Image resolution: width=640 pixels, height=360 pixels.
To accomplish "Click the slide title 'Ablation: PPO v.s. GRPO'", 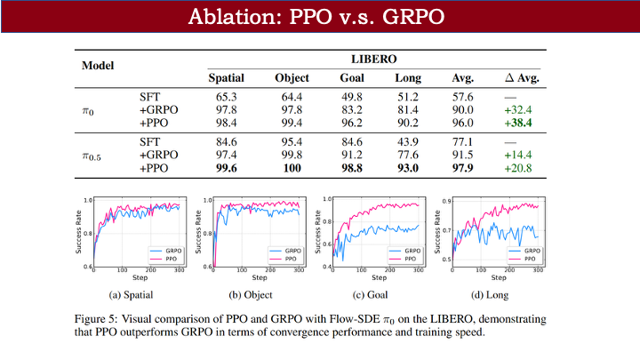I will [319, 18].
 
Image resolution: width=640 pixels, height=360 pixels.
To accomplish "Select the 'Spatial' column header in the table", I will [226, 78].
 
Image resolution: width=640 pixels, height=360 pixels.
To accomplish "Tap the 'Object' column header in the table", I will [292, 78].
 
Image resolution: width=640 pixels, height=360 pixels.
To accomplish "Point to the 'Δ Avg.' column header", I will [522, 78].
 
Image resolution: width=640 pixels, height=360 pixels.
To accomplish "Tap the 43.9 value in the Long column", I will [408, 140].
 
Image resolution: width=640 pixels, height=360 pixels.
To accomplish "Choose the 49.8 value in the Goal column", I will [351, 95].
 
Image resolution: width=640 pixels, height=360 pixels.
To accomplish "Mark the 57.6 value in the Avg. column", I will [462, 95].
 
